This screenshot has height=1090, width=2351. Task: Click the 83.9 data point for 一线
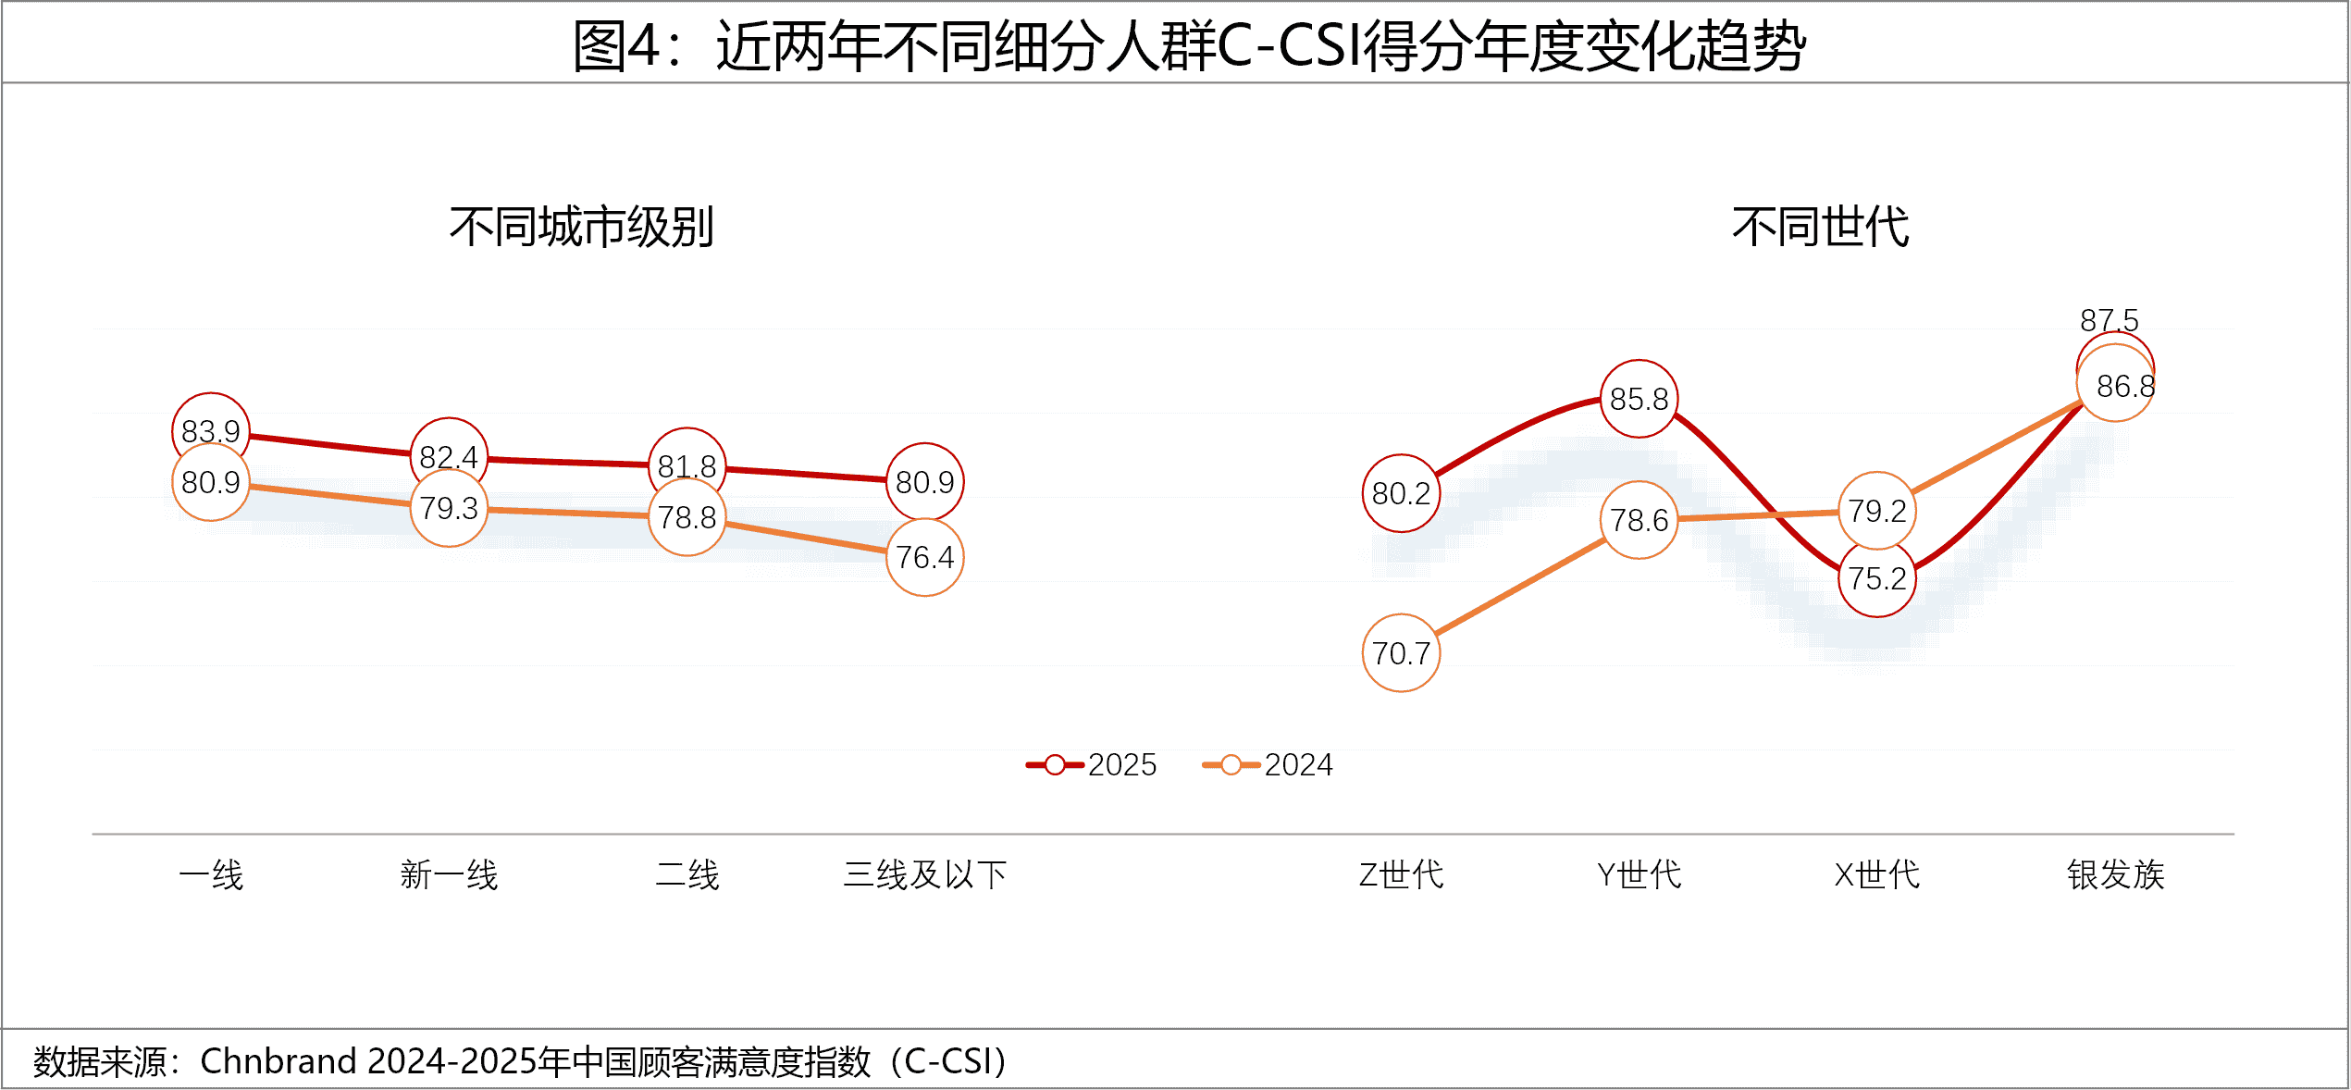pos(211,431)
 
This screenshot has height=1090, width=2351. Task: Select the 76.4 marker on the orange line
pos(924,557)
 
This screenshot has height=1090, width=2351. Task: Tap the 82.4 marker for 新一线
pos(449,456)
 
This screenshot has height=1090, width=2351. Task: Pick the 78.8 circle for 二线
pos(687,517)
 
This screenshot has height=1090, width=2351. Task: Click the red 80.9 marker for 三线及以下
pos(924,482)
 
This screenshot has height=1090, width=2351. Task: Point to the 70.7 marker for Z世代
pos(1401,653)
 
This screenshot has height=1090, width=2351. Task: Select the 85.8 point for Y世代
pos(1639,399)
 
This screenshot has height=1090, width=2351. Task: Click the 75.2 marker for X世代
pos(1876,578)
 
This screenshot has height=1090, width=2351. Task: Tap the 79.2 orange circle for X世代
pos(1876,511)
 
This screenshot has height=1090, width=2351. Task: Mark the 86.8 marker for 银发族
pos(2116,385)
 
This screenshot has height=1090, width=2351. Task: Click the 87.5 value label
pos(2109,320)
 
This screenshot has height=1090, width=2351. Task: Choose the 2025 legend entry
pos(1092,764)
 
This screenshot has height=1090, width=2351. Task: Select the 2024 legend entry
pos(1268,764)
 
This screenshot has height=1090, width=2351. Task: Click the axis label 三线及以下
pos(924,874)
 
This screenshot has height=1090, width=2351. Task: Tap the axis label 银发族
pos(2116,874)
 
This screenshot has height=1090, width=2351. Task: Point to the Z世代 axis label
pos(1401,874)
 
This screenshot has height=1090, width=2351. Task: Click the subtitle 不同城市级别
pos(581,227)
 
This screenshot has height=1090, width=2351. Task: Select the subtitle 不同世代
pos(1820,227)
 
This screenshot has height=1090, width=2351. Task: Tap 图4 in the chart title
pos(615,46)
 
